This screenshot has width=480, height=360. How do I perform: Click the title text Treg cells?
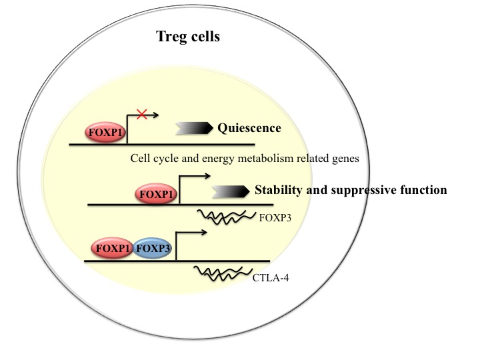point(188,37)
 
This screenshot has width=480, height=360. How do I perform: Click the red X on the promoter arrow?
point(142,115)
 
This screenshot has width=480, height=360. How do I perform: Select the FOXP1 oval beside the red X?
point(105,132)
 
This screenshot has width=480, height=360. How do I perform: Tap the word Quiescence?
point(249,128)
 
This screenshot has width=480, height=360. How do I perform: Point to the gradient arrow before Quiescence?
point(194,128)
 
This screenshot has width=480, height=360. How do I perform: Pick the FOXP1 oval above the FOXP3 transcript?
point(156,194)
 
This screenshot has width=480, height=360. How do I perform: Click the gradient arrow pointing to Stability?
point(231,191)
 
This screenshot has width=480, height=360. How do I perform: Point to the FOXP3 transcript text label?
point(275,218)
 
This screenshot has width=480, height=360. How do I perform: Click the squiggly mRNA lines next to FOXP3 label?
point(227,217)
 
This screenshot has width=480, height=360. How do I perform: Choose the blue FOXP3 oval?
point(153,248)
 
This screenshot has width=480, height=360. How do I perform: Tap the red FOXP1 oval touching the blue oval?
point(112,248)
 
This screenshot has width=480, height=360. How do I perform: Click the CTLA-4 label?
point(271,278)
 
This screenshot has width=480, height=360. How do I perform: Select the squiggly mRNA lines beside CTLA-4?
point(223,273)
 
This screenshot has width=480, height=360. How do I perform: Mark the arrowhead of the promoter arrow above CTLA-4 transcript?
point(204,233)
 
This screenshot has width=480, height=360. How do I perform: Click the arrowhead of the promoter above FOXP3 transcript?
point(207,176)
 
